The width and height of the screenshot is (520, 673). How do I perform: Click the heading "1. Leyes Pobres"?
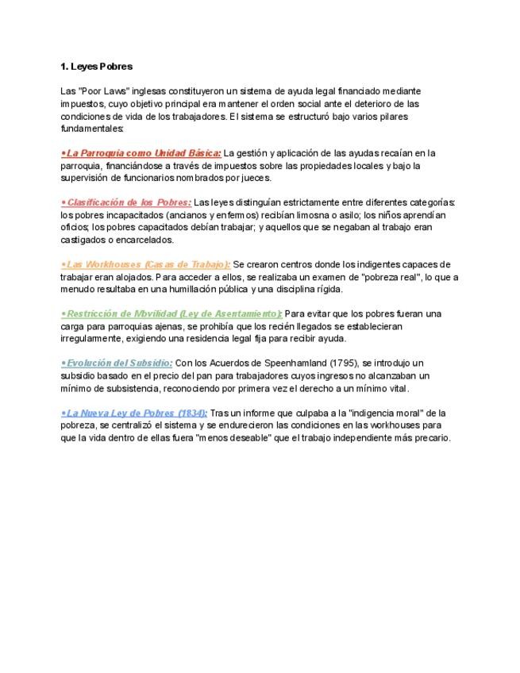[96, 66]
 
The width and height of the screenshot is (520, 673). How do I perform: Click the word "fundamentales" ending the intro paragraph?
[91, 128]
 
